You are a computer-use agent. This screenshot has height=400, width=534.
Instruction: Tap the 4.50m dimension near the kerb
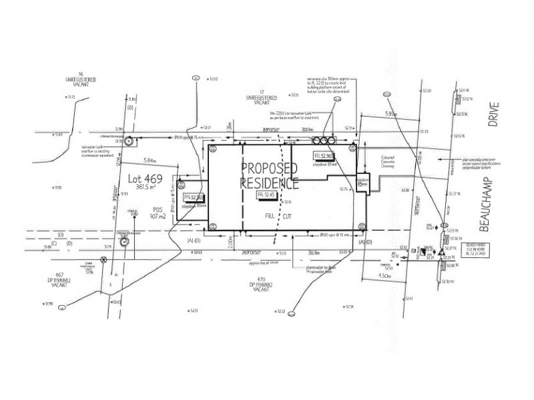pos(384,275)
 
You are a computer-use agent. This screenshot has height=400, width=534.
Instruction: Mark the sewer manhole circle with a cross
pos(103,260)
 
